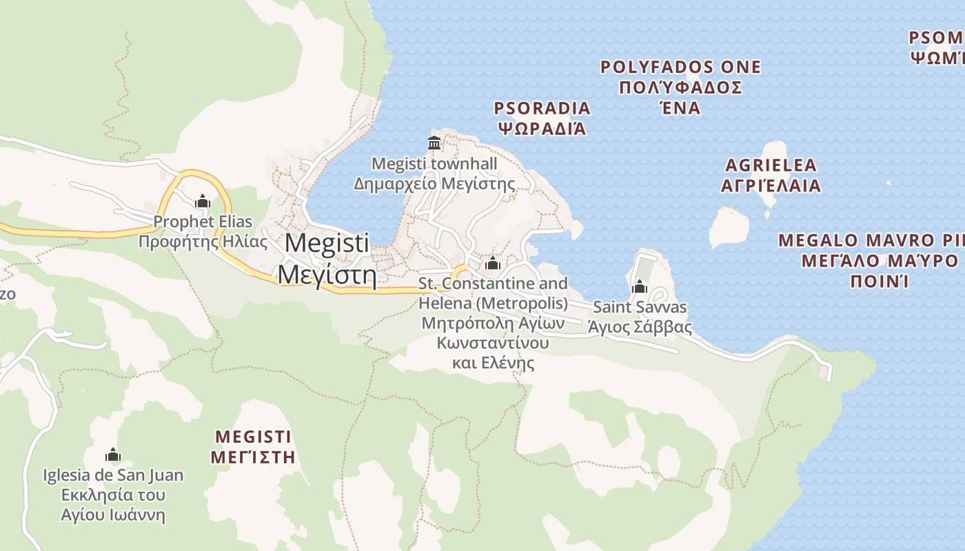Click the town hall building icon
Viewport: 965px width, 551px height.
pos(434,143)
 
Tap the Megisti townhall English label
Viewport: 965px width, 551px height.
pos(434,164)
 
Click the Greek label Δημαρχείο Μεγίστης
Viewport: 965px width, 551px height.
pos(434,184)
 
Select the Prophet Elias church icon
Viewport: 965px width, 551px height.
pos(202,202)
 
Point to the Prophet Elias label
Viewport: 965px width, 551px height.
pos(203,222)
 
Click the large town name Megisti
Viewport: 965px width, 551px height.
pos(327,243)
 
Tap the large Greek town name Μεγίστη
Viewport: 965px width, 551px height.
pos(327,275)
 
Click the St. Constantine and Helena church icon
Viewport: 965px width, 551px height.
pos(492,264)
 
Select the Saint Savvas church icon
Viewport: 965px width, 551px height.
pos(640,287)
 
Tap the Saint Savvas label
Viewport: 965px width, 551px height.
pos(640,306)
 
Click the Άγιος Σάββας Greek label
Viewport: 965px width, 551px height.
pos(640,326)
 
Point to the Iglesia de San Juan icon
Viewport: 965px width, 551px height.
pos(113,455)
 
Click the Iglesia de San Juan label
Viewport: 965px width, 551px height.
pos(113,475)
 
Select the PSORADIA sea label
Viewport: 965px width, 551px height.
pos(542,108)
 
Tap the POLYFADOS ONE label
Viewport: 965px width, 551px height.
pos(680,67)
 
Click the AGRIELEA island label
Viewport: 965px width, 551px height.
pos(771,165)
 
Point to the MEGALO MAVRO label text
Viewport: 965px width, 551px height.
pos(870,241)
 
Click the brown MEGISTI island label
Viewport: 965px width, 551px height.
pos(253,437)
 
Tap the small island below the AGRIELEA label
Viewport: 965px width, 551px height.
pos(729,228)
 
